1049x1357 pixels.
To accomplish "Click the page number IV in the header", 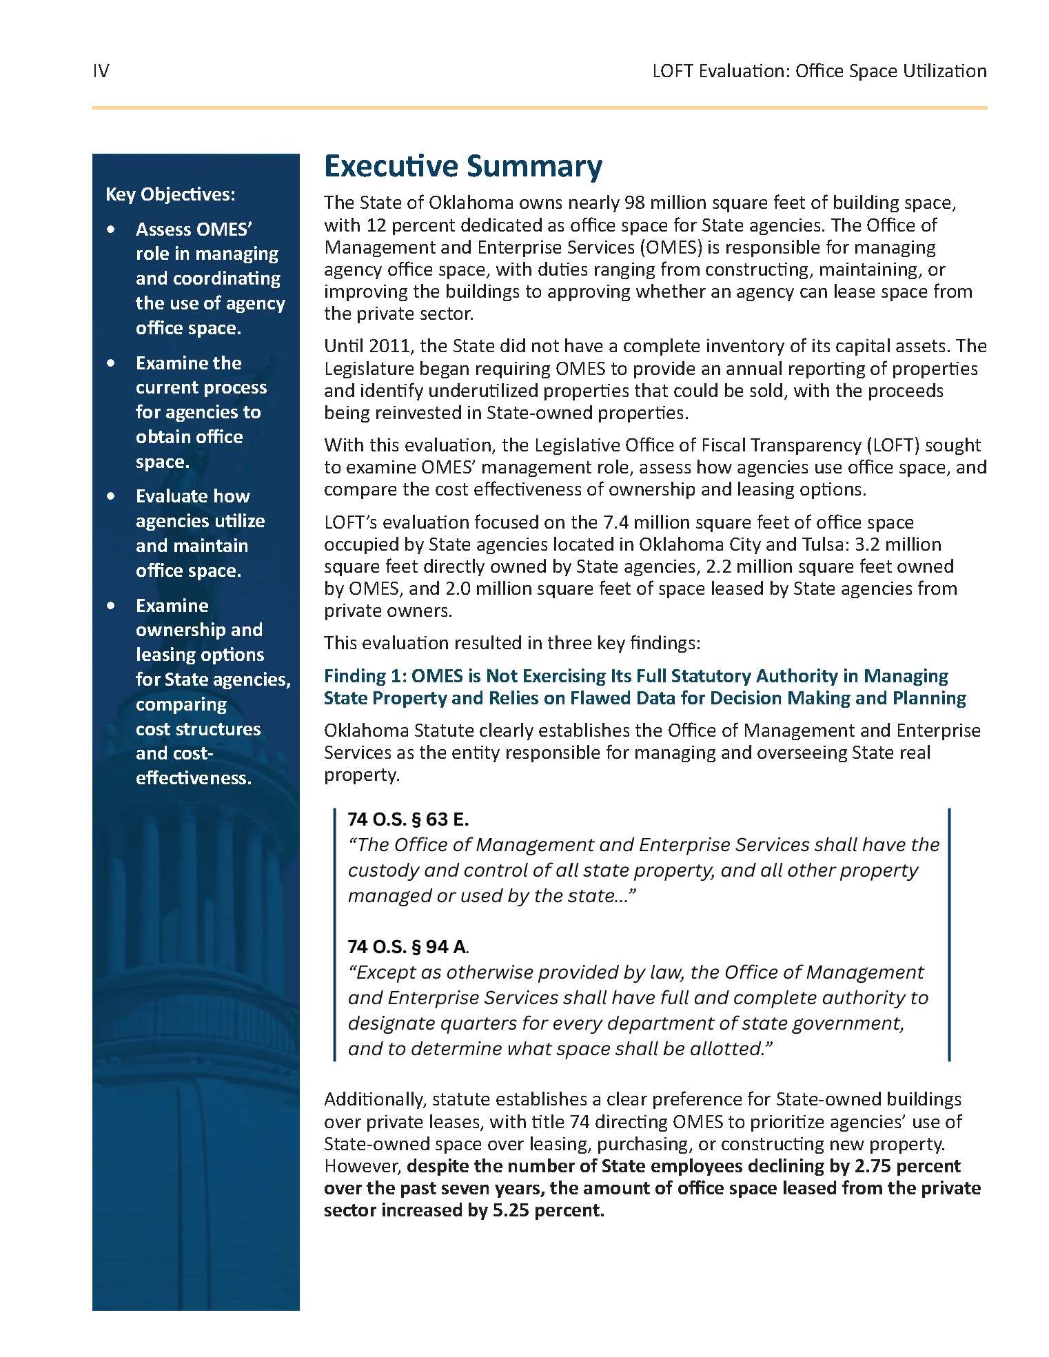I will (101, 71).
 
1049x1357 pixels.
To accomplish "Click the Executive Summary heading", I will (462, 166).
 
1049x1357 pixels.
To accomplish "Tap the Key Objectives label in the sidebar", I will (170, 194).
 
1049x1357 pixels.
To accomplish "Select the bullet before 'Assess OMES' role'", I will (111, 229).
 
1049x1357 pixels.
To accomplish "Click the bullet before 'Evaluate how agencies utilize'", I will (111, 496).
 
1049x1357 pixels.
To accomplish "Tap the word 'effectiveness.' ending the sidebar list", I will (194, 778).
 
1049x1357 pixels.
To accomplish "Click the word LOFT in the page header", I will (673, 71).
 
